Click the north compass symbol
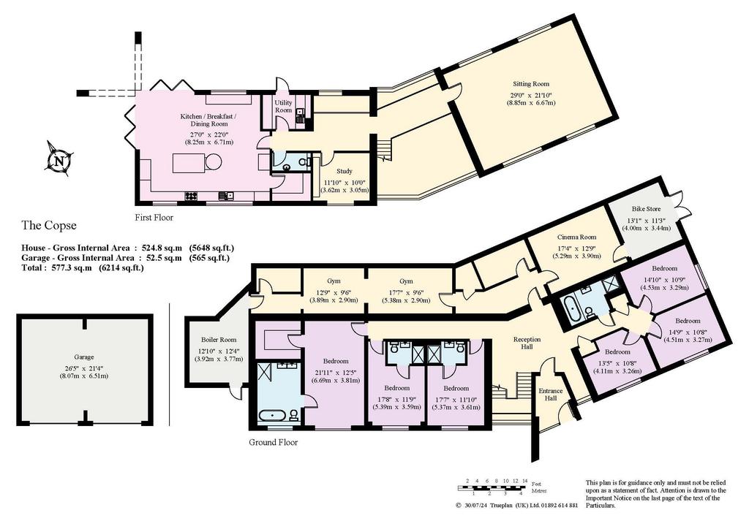(x=59, y=160)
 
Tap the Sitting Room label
(x=531, y=84)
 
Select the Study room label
(x=344, y=171)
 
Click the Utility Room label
(x=283, y=107)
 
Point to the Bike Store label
(x=647, y=209)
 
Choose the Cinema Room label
(x=576, y=237)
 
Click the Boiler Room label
(x=219, y=340)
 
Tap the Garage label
(x=84, y=357)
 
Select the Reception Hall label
(x=527, y=343)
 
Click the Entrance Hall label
(x=551, y=395)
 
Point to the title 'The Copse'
(x=49, y=225)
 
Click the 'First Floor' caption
(x=154, y=218)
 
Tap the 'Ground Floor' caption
(x=274, y=442)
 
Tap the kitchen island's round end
(x=213, y=163)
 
